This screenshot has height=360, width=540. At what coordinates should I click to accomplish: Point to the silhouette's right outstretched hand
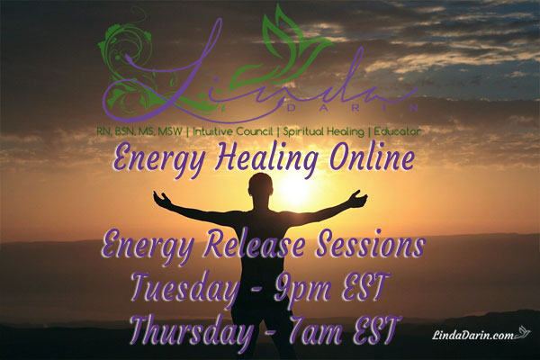tap(363, 196)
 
